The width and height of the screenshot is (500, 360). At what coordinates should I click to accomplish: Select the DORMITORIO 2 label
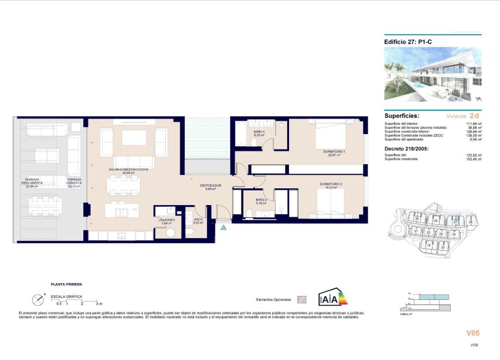click(x=331, y=184)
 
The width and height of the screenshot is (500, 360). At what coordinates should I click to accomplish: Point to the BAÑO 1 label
click(x=259, y=133)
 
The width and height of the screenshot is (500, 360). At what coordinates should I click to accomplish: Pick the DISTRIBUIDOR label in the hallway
click(x=211, y=186)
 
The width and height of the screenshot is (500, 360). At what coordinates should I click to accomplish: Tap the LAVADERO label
click(x=166, y=220)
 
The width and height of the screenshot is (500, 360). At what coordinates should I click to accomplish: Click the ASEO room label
click(x=198, y=220)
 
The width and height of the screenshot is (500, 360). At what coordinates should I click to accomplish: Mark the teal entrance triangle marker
click(x=223, y=228)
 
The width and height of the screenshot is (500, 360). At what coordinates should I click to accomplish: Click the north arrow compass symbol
click(x=38, y=299)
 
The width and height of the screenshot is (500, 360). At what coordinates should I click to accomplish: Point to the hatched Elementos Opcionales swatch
click(x=301, y=300)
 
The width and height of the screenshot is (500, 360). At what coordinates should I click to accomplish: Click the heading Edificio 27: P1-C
click(x=405, y=42)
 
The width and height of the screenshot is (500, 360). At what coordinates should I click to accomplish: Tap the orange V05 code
click(x=473, y=333)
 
